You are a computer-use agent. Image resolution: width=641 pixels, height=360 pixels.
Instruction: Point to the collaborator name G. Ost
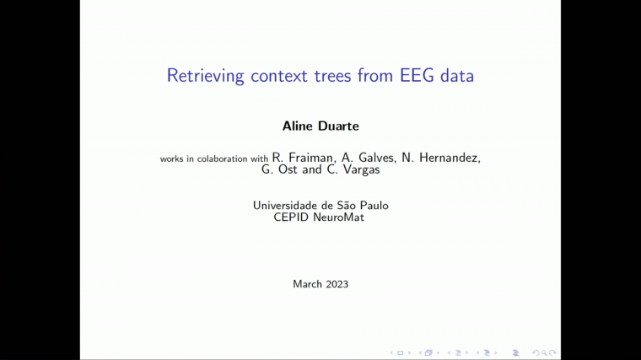[280, 169]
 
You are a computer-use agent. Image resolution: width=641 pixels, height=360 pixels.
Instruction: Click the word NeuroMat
[340, 218]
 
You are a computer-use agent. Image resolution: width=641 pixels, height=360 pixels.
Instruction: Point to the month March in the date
[307, 284]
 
